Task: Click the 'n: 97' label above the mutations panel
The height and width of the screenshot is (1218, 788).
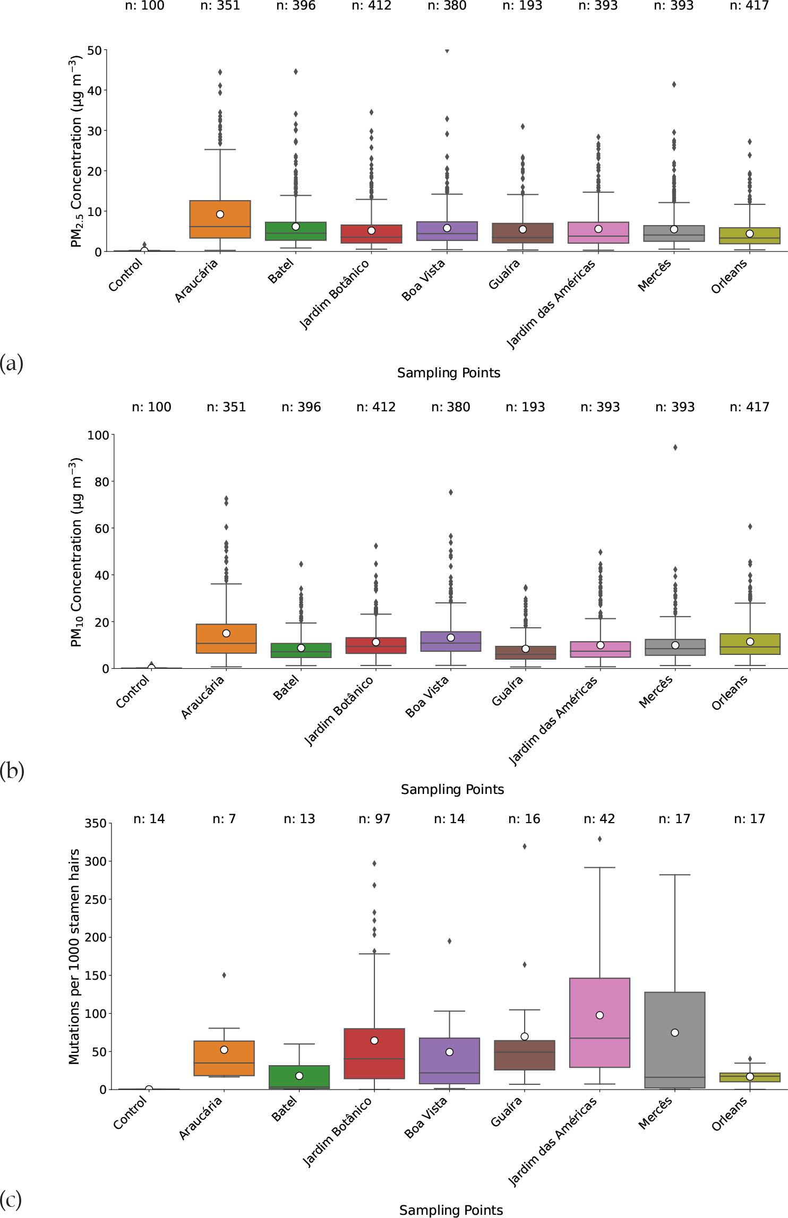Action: click(374, 819)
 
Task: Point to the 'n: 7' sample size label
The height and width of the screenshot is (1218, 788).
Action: click(224, 819)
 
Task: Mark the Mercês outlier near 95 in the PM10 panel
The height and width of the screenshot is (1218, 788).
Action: click(675, 447)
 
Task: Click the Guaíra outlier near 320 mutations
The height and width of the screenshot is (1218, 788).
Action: click(525, 846)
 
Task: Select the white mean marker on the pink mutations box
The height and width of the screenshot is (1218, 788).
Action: click(599, 1015)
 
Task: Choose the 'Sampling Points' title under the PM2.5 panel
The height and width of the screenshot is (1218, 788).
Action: click(449, 373)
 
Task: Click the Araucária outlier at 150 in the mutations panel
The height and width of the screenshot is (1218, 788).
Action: click(224, 975)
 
